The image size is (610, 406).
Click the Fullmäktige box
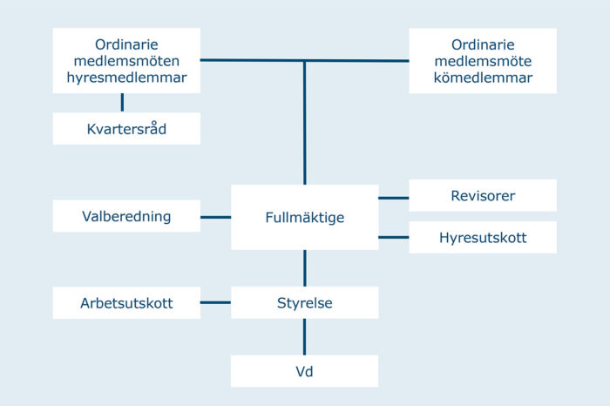coord(304,217)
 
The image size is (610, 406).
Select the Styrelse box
coord(304,303)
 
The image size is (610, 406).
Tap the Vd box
coord(304,371)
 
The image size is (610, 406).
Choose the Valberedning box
coord(126,216)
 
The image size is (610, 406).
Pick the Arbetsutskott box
coord(126,303)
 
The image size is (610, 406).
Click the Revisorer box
coord(483,196)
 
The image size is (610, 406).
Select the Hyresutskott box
coord(483,237)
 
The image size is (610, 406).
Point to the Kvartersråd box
coord(126,129)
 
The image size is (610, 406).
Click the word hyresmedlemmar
coord(126,78)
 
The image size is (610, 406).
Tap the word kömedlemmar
coord(483,78)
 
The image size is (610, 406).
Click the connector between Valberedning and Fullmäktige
coord(215,216)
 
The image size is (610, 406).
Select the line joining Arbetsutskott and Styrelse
coord(215,303)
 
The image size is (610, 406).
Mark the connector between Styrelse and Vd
coord(304,336)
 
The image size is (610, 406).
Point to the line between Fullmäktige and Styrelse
coord(304,267)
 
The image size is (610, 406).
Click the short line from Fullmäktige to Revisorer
coord(394,198)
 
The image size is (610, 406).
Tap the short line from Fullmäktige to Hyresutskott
coord(394,237)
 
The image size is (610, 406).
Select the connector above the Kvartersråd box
coord(122,103)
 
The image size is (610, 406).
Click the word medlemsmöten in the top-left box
coord(126,61)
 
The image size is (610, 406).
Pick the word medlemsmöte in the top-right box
coord(483,61)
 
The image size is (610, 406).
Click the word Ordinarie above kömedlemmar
coord(483,44)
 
